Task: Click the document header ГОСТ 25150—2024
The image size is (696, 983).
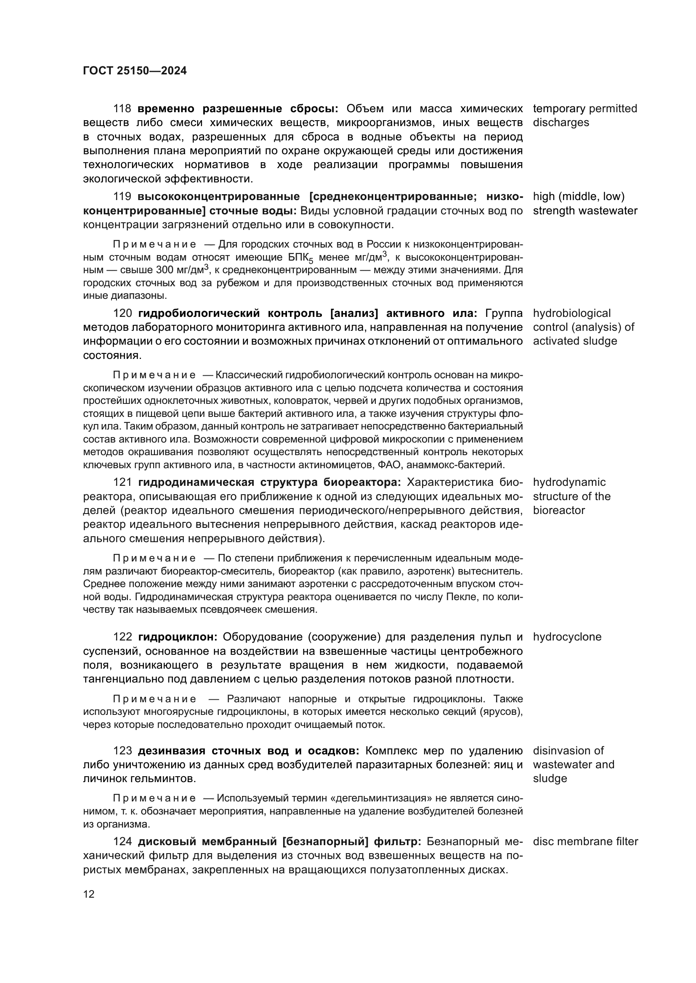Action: click(x=135, y=71)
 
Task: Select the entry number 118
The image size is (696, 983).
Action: click(x=122, y=109)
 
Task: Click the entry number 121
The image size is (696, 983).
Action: click(x=122, y=482)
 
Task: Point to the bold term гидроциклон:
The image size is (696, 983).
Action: click(x=178, y=637)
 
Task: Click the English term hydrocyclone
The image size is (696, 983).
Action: click(x=567, y=637)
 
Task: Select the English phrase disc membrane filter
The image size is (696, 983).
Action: click(x=585, y=842)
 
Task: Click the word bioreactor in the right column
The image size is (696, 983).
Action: click(x=559, y=511)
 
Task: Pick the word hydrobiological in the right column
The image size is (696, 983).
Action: click(x=572, y=314)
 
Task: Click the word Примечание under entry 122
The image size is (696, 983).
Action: click(x=154, y=699)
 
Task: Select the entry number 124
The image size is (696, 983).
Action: click(x=122, y=842)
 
